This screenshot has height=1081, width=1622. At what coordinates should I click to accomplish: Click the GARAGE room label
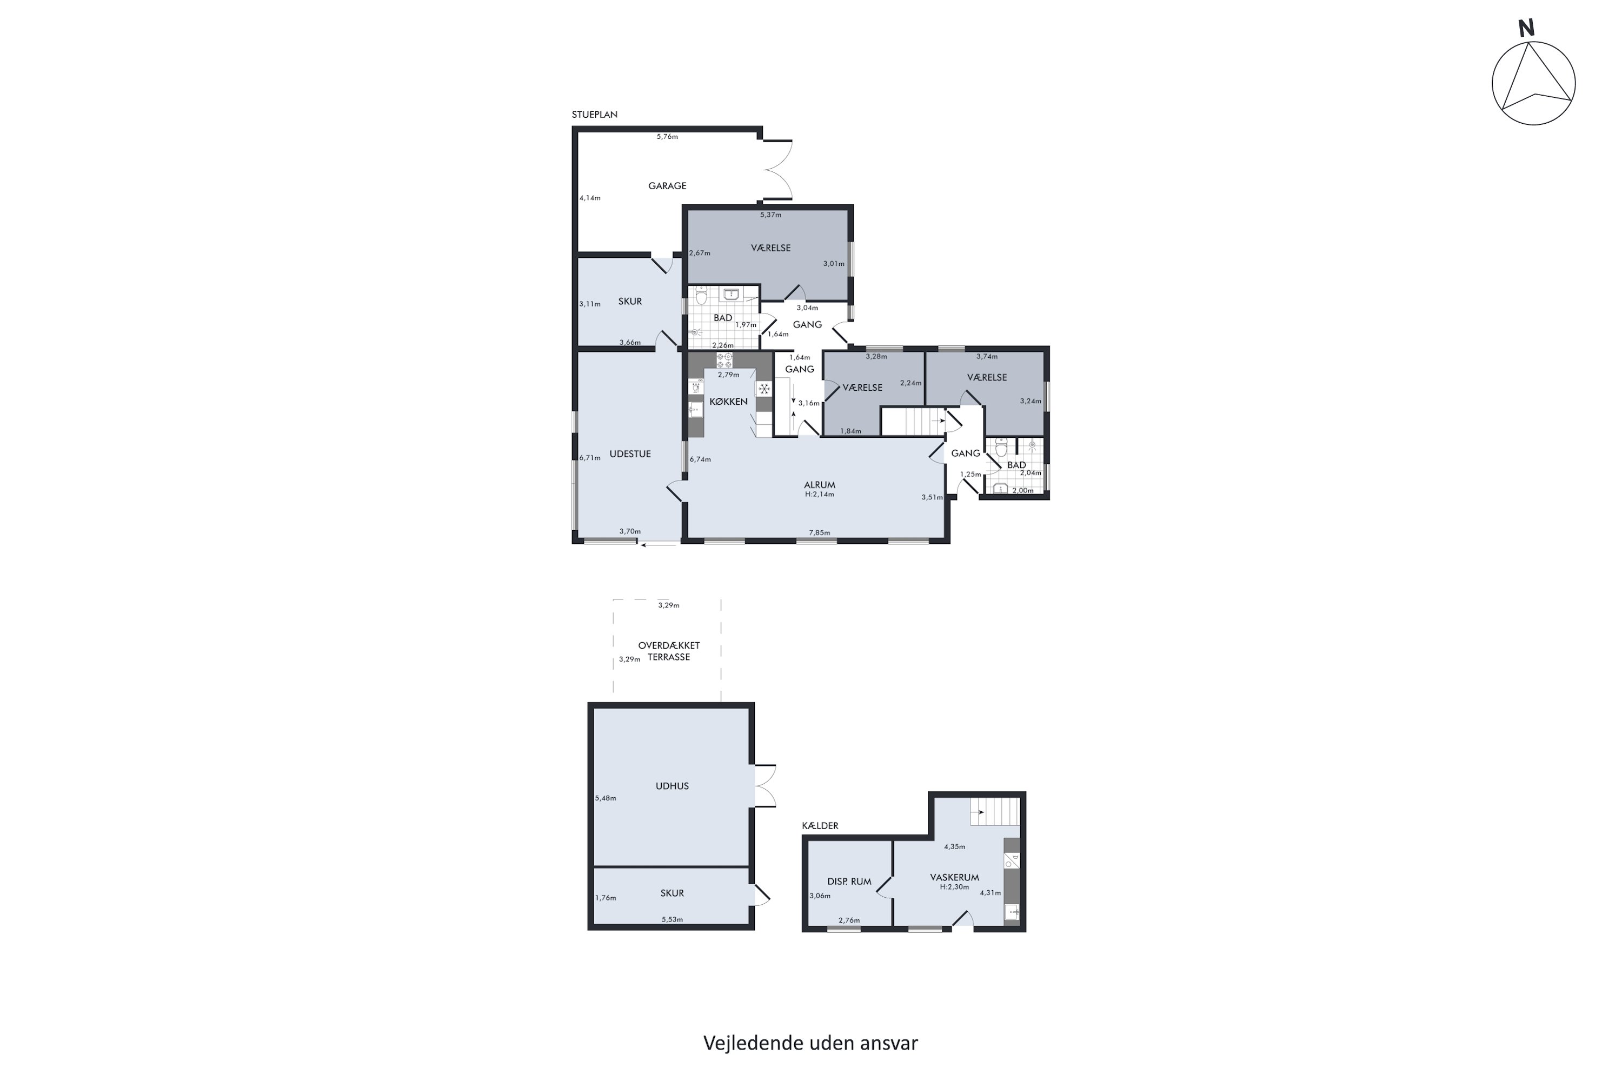pos(667,186)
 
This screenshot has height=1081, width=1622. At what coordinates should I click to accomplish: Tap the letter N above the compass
pos(1526,28)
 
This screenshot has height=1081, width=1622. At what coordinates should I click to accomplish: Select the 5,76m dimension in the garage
pos(667,137)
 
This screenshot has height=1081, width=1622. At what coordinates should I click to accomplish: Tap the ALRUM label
pos(819,485)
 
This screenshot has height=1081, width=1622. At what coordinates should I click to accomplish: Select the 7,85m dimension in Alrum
pos(819,533)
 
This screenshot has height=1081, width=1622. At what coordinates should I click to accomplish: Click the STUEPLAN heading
pos(594,115)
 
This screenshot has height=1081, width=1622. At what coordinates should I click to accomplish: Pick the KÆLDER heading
pos(820,826)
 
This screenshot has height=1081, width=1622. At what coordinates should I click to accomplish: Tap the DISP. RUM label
pos(849,882)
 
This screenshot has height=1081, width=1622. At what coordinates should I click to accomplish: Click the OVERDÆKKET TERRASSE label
pos(669,651)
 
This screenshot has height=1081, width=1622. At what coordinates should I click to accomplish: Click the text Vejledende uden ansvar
pos(811,1043)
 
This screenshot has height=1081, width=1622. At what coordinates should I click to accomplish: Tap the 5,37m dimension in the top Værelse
pos(771,215)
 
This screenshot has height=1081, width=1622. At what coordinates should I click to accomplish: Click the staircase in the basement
pos(994,811)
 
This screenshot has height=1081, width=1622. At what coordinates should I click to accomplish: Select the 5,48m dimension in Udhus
pos(606,798)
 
